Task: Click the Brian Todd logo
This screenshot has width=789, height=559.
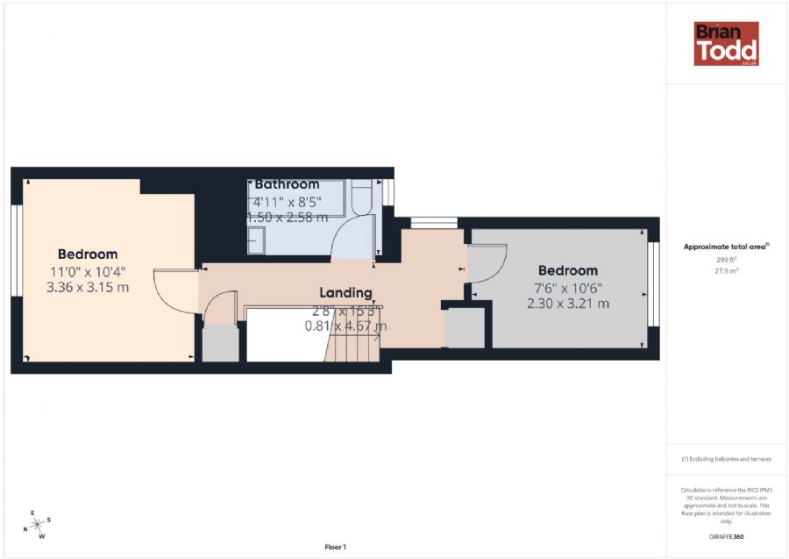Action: click(726, 44)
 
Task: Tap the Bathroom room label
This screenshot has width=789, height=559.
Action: click(287, 184)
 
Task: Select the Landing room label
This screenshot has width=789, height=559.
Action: click(345, 292)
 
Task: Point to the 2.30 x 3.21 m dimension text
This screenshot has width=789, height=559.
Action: click(567, 304)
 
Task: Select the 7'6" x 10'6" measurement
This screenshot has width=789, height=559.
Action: click(567, 288)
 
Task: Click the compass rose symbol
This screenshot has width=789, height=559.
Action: click(36, 524)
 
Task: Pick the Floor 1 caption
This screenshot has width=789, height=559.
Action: click(335, 548)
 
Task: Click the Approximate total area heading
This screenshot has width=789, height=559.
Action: click(726, 247)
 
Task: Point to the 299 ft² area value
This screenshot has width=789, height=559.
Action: click(726, 261)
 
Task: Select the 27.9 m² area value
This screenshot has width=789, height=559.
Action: click(726, 271)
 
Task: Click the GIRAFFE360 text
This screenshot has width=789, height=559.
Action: click(726, 536)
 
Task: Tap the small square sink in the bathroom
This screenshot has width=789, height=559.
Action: click(256, 239)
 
